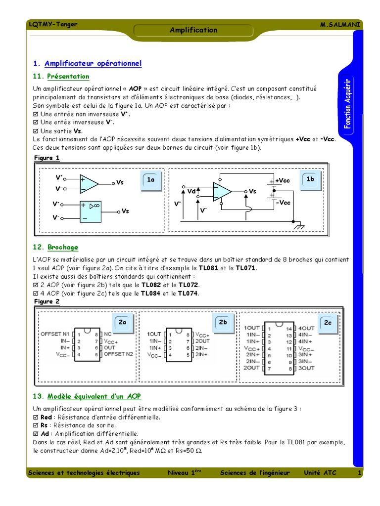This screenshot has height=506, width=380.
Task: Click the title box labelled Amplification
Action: [x=193, y=30]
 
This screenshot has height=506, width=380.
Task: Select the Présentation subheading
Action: [x=68, y=77]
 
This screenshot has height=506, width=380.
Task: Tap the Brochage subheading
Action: [x=63, y=247]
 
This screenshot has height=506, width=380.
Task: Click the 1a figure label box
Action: [x=151, y=180]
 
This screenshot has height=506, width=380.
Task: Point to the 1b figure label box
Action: [x=310, y=179]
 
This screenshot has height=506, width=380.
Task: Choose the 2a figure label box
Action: [x=123, y=322]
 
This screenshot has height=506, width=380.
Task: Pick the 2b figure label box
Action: [x=223, y=322]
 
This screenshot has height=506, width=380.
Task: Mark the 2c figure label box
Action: [x=328, y=322]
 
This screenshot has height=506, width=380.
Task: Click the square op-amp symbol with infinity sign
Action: [x=90, y=211]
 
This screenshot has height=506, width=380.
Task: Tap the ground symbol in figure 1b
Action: [x=298, y=227]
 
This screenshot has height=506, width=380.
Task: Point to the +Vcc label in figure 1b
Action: [x=283, y=181]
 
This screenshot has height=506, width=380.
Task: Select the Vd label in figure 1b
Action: [x=191, y=191]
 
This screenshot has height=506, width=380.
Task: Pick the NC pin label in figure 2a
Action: [x=108, y=334]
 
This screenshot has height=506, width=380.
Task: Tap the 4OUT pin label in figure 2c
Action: [x=306, y=328]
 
